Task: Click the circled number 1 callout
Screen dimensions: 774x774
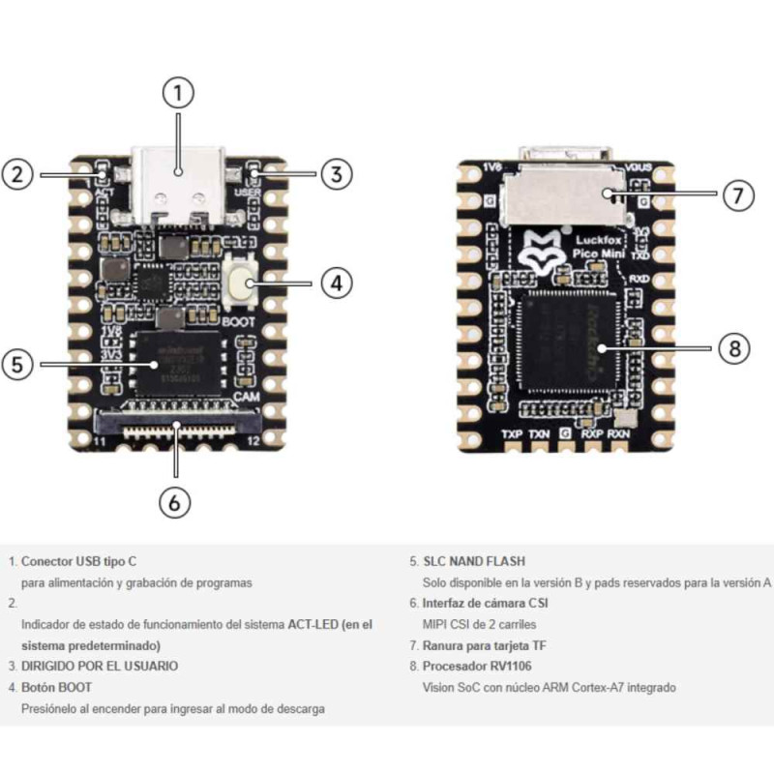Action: point(177,94)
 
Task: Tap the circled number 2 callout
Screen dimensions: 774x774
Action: point(18,174)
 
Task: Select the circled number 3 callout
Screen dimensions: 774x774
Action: point(335,174)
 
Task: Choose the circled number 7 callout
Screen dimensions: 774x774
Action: point(738,194)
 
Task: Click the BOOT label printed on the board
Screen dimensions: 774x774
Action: point(239,320)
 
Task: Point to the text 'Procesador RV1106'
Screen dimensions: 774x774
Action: point(477,667)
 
